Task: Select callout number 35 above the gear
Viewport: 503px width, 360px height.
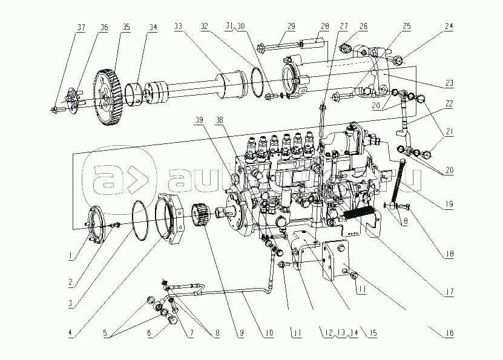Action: (126, 27)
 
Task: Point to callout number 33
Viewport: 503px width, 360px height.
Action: (178, 27)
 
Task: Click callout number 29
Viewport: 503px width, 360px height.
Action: (291, 27)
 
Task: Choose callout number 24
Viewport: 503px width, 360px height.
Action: (449, 27)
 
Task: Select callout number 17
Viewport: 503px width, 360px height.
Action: (449, 292)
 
